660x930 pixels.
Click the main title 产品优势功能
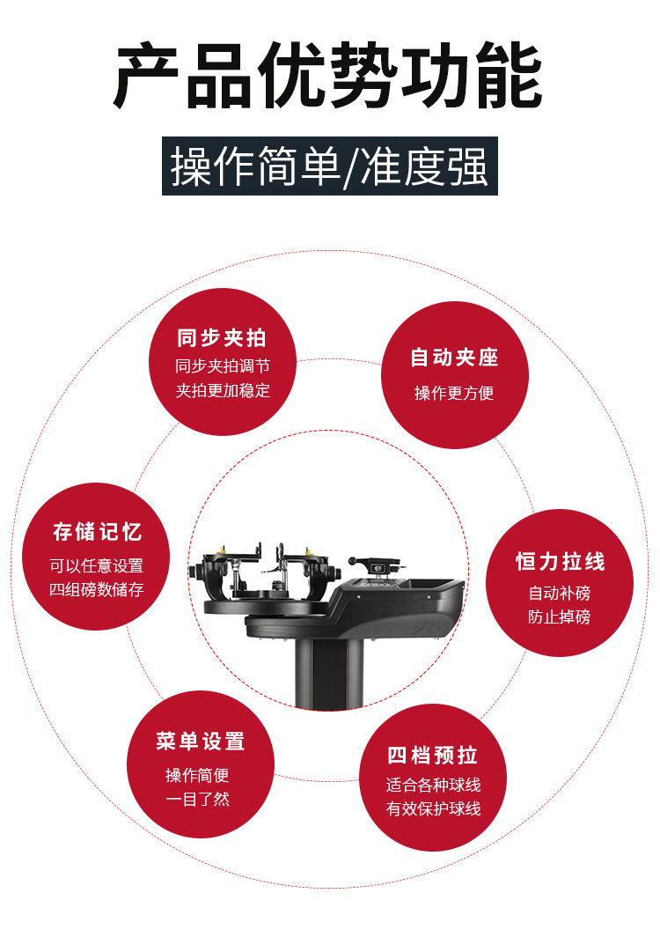328,76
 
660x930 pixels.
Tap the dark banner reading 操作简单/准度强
330,166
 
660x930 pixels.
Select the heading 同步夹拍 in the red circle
222,338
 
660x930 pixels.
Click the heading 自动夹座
454,358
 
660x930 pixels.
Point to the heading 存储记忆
97,531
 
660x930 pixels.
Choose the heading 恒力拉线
560,561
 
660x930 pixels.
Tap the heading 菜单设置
201,742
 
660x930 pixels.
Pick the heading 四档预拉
432,756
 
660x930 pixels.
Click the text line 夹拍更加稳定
223,390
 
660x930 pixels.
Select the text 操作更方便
454,393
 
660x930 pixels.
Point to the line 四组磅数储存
97,589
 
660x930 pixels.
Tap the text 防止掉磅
560,616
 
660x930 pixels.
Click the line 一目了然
197,799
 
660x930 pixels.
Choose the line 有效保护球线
433,808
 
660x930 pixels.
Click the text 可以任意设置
97,565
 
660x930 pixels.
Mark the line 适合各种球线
433,785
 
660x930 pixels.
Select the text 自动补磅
560,593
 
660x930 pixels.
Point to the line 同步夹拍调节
223,366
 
